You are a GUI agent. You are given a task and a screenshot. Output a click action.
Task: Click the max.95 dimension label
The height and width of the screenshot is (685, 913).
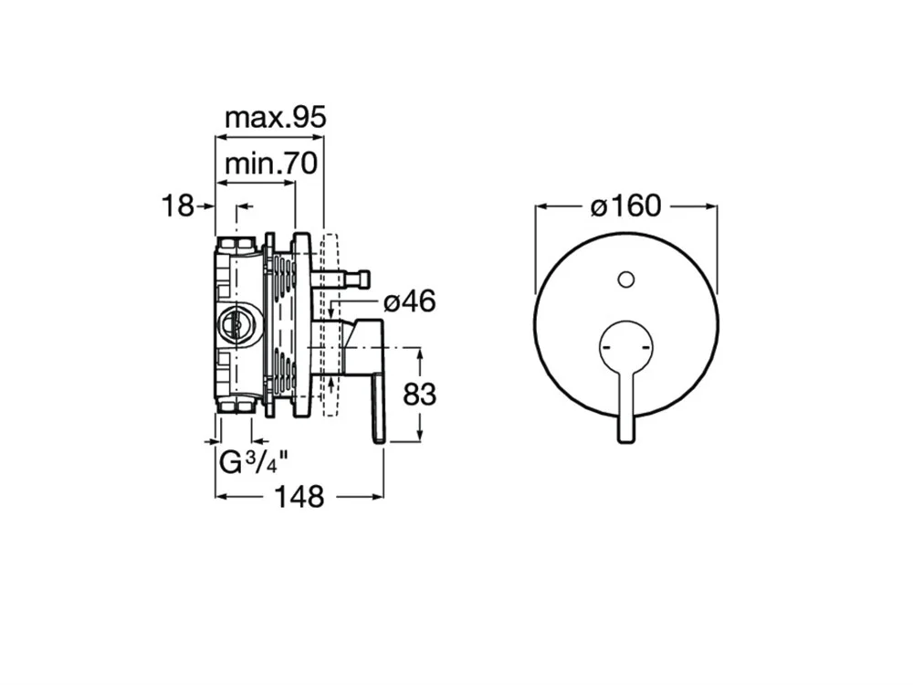(276, 118)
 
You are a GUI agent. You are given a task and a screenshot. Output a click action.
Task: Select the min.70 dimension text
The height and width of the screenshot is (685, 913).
(271, 163)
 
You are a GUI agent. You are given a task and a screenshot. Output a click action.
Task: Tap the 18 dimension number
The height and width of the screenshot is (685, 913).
(177, 205)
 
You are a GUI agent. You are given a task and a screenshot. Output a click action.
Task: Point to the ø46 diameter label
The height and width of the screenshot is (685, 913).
(409, 301)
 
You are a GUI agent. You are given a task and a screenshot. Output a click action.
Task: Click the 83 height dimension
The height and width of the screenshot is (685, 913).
(419, 395)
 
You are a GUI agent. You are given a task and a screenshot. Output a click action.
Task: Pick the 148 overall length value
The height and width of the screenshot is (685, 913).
(299, 497)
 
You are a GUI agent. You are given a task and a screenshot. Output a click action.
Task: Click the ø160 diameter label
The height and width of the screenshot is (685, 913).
(626, 205)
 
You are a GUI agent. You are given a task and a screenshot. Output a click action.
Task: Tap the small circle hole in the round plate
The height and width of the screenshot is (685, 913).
(626, 280)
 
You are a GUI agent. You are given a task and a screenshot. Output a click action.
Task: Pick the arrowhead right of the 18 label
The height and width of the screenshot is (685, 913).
(209, 206)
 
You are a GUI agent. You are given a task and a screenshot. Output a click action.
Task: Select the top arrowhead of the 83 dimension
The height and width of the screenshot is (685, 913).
(420, 353)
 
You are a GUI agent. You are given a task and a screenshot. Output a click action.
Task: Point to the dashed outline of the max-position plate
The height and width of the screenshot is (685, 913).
(329, 324)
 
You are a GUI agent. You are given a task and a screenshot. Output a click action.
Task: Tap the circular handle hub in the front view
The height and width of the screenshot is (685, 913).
(626, 347)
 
